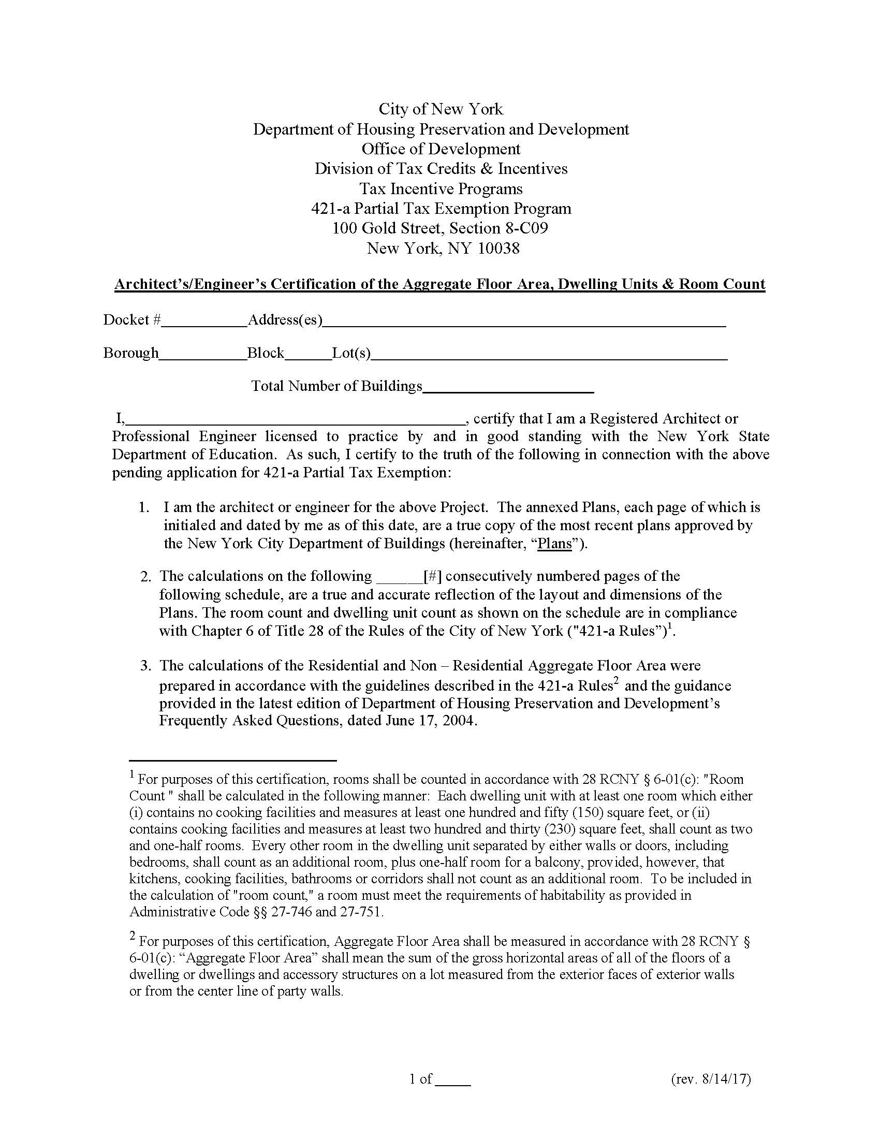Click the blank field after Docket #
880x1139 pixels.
(x=204, y=321)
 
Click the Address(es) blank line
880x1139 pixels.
(x=524, y=321)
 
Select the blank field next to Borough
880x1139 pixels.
(x=203, y=354)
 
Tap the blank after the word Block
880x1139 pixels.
(x=308, y=354)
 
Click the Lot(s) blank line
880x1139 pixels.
(x=549, y=354)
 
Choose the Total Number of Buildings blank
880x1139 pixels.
(x=508, y=387)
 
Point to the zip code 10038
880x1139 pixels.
(x=499, y=248)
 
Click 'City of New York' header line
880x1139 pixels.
(x=441, y=109)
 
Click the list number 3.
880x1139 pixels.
(x=144, y=666)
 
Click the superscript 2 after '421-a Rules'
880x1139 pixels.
(x=616, y=681)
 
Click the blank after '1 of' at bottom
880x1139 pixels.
(x=452, y=1079)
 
